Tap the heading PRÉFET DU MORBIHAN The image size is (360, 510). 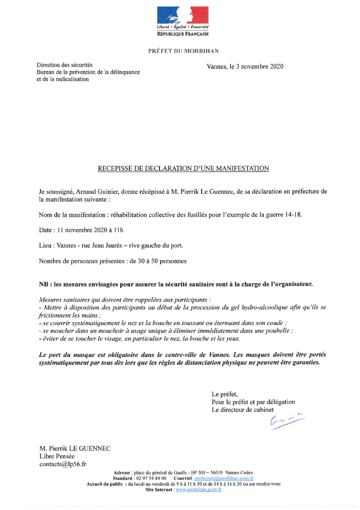click(183, 51)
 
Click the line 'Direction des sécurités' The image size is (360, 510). click(65, 65)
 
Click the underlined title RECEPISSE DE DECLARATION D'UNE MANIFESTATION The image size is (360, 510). click(183, 168)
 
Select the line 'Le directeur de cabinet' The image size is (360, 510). click(243, 410)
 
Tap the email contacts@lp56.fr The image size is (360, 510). click(63, 463)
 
